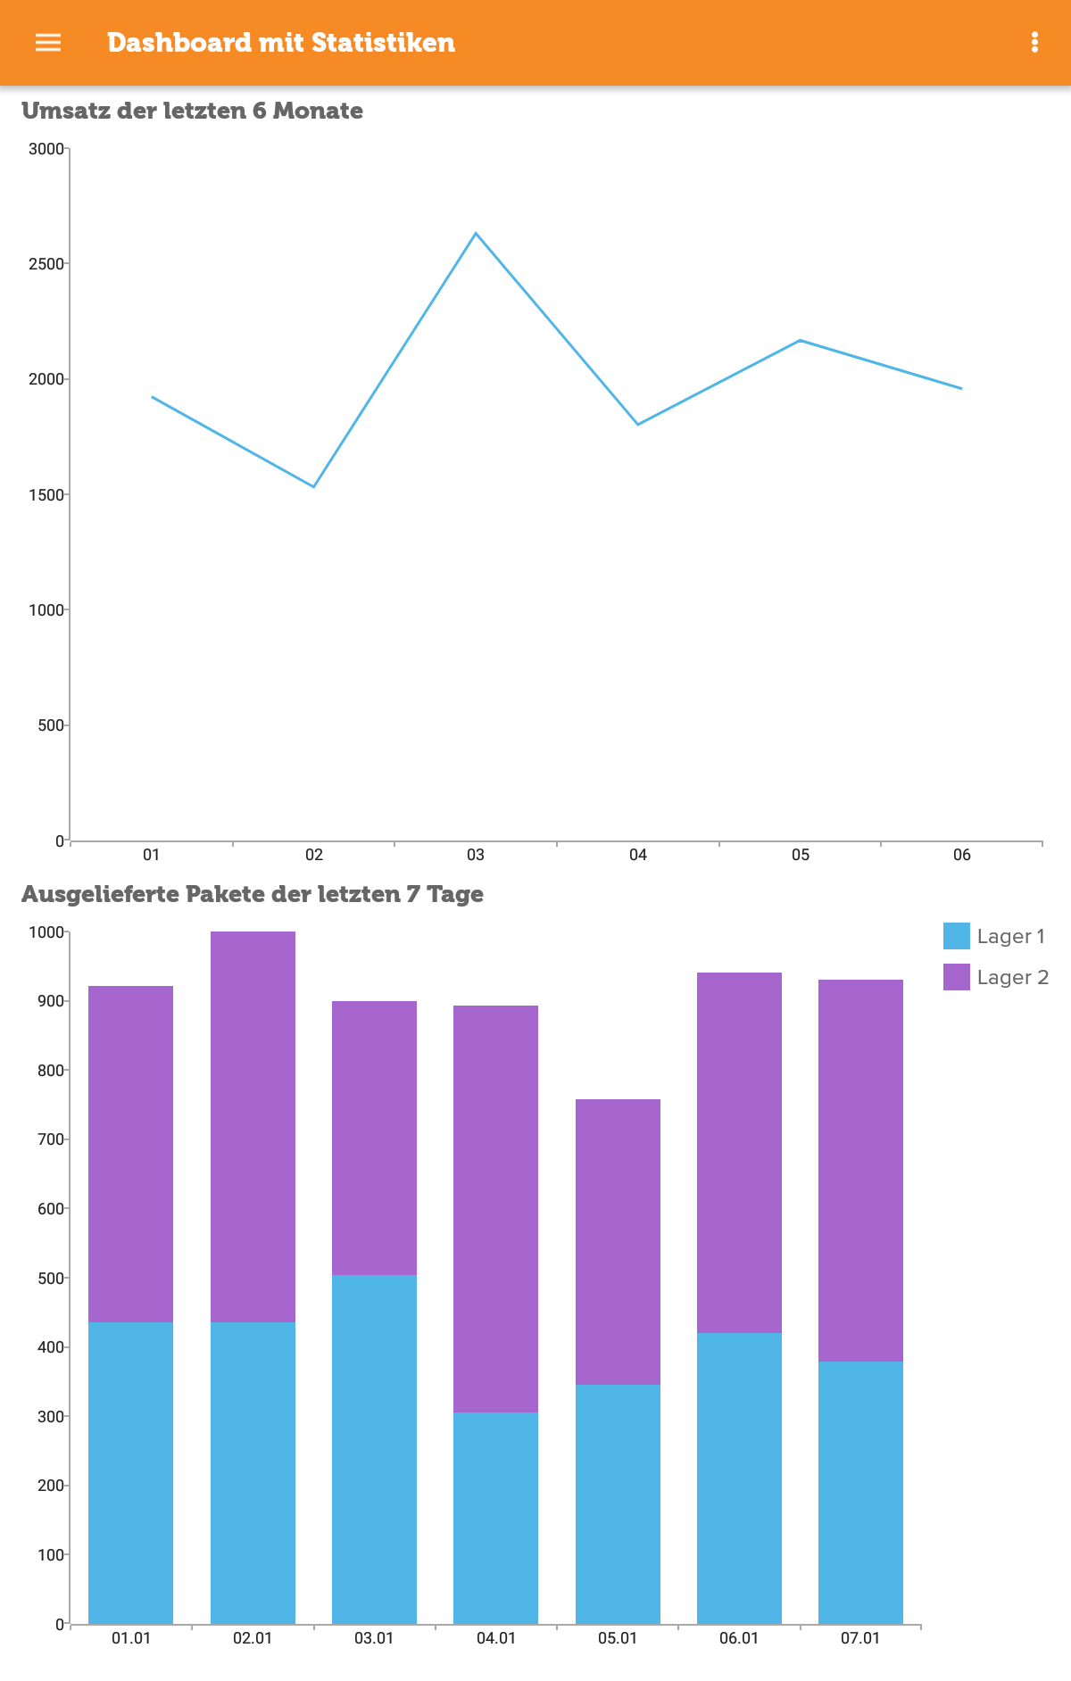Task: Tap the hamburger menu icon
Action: [x=48, y=43]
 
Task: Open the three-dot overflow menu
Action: [x=1034, y=43]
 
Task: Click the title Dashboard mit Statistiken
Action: [x=281, y=43]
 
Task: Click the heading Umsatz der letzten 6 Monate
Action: [x=192, y=111]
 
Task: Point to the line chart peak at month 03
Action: [x=476, y=234]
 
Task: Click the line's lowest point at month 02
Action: [x=313, y=486]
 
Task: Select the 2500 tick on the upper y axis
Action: [x=46, y=264]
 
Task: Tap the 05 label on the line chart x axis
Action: [x=800, y=855]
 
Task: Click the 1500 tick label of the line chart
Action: [x=46, y=494]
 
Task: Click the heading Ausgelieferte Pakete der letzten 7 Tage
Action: [x=253, y=894]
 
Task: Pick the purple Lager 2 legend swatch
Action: [x=956, y=977]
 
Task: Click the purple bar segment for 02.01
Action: [x=253, y=1126]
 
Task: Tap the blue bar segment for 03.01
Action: [x=374, y=1449]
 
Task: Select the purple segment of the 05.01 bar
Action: [x=618, y=1242]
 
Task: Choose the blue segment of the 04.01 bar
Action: [x=495, y=1518]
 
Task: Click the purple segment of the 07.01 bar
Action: [x=860, y=1171]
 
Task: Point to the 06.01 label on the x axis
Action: [x=739, y=1638]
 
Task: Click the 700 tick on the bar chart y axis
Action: [x=50, y=1139]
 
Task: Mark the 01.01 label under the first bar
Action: [x=131, y=1638]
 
